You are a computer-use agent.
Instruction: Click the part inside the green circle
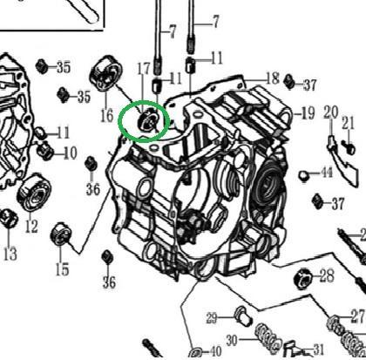146,121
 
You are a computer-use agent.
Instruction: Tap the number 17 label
144,69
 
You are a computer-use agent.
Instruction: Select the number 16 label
106,116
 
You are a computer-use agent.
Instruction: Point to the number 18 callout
273,78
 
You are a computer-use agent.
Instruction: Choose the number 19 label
308,113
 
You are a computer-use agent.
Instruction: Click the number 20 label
331,112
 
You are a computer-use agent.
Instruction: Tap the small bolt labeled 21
349,147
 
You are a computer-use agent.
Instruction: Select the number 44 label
327,173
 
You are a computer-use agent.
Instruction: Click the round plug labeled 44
303,176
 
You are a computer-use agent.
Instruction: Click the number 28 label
327,275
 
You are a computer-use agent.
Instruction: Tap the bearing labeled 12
34,193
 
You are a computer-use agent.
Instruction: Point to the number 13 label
10,254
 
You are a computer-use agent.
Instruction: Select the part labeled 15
60,234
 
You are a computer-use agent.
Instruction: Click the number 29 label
212,318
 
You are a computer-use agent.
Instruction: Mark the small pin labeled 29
243,316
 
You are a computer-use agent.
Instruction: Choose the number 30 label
232,340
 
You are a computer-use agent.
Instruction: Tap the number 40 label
215,351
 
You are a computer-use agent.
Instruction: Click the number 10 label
70,153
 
